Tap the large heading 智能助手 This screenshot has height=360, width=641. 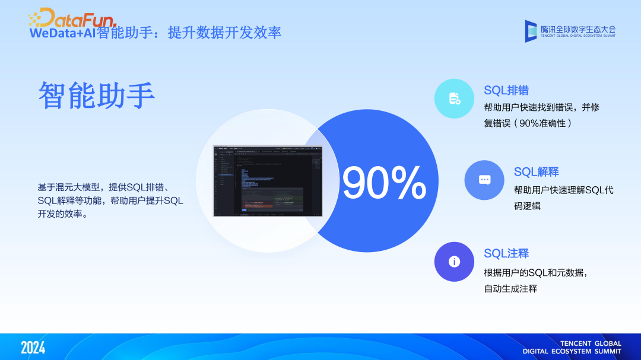click(x=97, y=95)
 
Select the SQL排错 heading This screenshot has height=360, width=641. click(x=506, y=90)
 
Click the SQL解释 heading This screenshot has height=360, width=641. click(x=536, y=172)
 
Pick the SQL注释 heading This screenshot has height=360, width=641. click(x=506, y=253)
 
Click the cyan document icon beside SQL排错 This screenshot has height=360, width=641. click(x=454, y=98)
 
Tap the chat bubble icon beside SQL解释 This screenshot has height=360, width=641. click(x=484, y=180)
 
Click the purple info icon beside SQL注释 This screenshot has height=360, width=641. click(x=454, y=262)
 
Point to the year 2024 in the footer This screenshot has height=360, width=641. click(x=33, y=348)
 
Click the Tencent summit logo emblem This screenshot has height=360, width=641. click(x=531, y=31)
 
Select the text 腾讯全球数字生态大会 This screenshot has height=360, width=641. click(x=578, y=28)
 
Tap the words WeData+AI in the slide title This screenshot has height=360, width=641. click(x=62, y=33)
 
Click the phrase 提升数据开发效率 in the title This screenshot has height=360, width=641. click(x=224, y=33)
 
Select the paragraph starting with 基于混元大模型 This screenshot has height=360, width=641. click(x=110, y=200)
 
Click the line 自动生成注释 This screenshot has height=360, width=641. click(x=510, y=289)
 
